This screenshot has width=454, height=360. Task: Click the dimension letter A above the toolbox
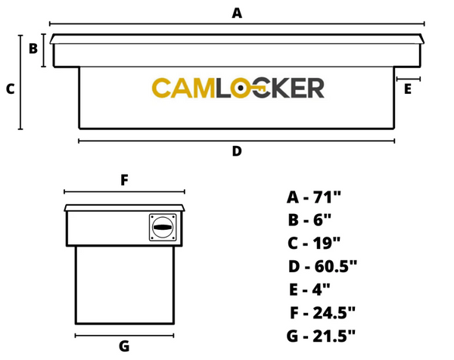(x=237, y=13)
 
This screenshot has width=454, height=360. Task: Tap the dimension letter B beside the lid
(x=33, y=49)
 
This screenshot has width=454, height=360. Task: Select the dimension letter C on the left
(x=10, y=89)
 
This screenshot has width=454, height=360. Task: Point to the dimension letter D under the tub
(x=237, y=151)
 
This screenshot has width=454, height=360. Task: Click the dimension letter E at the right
(x=408, y=89)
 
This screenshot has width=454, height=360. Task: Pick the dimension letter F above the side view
(x=124, y=180)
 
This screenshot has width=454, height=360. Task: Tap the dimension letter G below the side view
(x=124, y=346)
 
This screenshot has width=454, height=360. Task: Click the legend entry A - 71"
(x=314, y=198)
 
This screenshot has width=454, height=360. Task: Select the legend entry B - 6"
(x=310, y=221)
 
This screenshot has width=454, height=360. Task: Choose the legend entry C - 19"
(x=314, y=244)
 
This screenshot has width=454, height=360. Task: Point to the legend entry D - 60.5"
(x=322, y=266)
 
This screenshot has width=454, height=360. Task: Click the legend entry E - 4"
(x=309, y=289)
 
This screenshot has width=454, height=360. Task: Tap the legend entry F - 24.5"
(x=322, y=312)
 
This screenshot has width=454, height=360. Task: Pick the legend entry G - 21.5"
(x=322, y=335)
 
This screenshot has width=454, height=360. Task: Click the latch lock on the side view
(x=163, y=227)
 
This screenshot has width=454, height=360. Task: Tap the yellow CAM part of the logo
(x=182, y=88)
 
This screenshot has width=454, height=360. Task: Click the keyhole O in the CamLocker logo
(x=241, y=88)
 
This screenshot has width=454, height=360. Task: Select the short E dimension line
(x=407, y=79)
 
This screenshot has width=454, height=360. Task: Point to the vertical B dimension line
(x=45, y=50)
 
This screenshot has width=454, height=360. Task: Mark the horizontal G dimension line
(x=124, y=334)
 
